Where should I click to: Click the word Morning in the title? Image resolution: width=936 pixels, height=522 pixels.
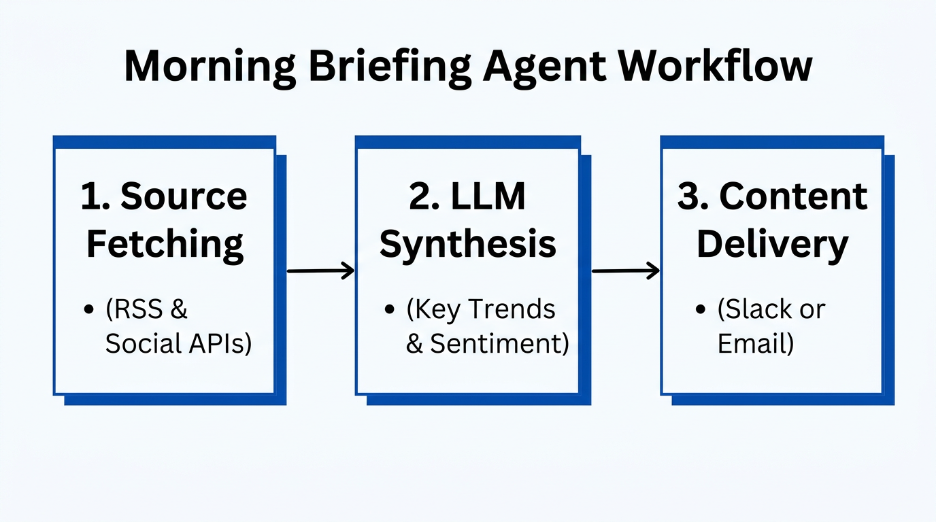(210, 67)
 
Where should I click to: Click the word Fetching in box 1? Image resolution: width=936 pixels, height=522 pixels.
(165, 243)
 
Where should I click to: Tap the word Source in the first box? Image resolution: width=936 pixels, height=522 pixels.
(184, 196)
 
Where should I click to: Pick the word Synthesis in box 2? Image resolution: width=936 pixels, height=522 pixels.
(468, 243)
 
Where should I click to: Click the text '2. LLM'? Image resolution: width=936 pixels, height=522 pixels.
(468, 196)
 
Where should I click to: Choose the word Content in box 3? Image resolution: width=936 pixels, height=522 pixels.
(793, 196)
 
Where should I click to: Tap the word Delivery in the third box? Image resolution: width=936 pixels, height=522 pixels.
(773, 243)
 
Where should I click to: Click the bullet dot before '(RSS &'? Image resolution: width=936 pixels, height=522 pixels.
(88, 310)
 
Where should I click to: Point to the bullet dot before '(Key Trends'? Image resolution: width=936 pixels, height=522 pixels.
(390, 310)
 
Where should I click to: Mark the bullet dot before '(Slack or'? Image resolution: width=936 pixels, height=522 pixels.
(701, 310)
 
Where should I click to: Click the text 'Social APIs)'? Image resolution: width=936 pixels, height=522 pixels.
(178, 344)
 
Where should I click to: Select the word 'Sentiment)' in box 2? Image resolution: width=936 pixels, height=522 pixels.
(499, 344)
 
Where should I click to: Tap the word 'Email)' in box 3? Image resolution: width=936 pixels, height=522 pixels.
(756, 344)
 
